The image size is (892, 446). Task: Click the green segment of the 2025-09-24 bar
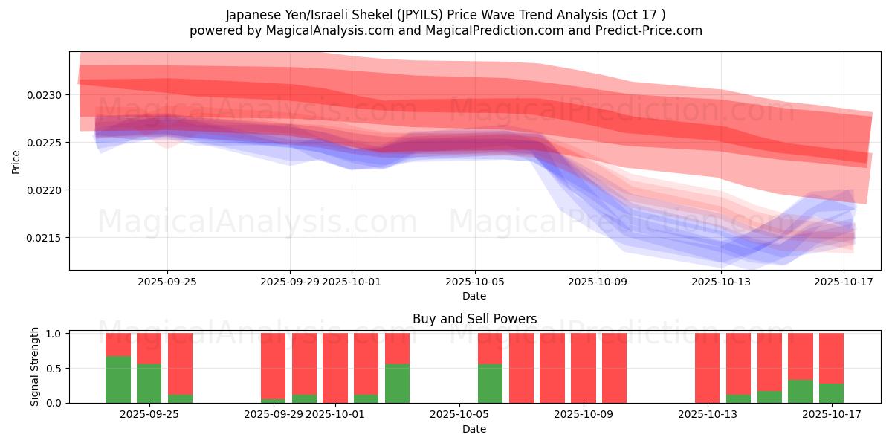[x=118, y=379]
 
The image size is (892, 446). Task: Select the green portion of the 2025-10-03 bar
[x=397, y=384]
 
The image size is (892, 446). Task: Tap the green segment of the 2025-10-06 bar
[x=490, y=384]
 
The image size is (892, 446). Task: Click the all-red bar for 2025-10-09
[x=614, y=368]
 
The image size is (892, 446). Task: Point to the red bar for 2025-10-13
[x=707, y=368]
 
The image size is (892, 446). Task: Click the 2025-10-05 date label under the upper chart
[x=474, y=282]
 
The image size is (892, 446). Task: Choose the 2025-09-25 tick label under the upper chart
[x=167, y=282]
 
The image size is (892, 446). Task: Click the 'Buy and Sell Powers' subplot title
[x=474, y=319]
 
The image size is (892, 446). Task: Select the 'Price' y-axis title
[x=16, y=162]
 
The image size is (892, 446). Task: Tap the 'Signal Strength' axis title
[x=35, y=367]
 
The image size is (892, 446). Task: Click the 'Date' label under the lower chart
[x=474, y=429]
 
